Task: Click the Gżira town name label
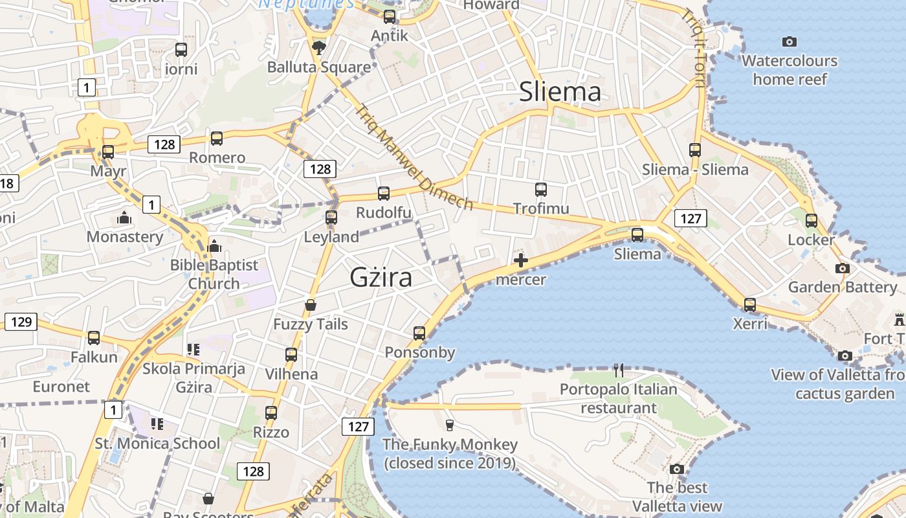point(381,278)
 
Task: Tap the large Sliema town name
point(560,93)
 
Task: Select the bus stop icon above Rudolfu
point(384,194)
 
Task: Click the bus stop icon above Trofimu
point(541,190)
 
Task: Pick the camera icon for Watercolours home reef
point(790,42)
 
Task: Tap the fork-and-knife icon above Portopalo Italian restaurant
point(619,370)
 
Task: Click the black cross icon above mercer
point(521,261)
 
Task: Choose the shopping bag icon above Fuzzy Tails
point(311,305)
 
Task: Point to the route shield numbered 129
point(21,321)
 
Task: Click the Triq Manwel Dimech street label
point(414,157)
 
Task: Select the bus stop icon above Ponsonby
point(419,333)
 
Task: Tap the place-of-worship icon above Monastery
point(124,218)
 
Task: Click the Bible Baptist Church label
point(214,274)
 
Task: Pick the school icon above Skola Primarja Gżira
point(193,350)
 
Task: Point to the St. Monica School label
point(158,444)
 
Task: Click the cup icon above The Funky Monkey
point(450,425)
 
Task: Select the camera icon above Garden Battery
point(842,268)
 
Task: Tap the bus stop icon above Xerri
point(749,304)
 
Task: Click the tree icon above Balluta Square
point(318,47)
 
